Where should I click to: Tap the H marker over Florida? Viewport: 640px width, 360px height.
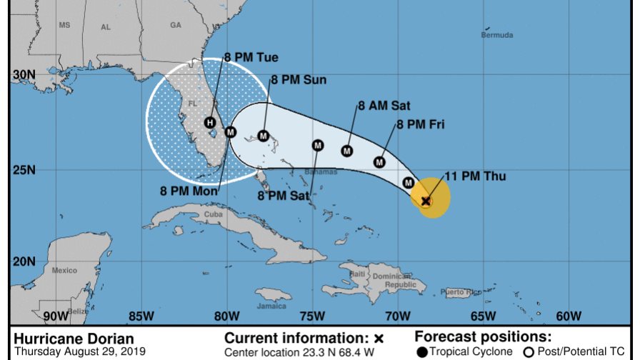pos(209,122)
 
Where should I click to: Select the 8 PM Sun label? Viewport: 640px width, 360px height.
pos(298,80)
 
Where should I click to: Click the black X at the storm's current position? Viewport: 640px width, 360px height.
pos(426,201)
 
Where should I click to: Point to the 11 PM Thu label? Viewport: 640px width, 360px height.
pos(475,176)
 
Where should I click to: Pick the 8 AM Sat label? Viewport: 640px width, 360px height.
pos(384,106)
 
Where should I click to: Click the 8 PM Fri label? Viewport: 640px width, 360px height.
pos(421,124)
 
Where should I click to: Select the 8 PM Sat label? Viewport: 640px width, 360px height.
pos(283,194)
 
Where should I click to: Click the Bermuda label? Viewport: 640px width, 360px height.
pos(496,35)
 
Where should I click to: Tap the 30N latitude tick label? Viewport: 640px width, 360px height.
pos(24,74)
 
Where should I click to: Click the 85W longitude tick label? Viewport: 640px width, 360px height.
pos(141,316)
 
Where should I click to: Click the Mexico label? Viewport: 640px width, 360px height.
pos(64,271)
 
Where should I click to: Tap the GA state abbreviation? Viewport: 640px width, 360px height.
pos(176,25)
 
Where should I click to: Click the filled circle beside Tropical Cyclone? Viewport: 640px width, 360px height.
pos(423,351)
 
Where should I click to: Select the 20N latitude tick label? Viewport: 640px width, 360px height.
pos(24,261)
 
